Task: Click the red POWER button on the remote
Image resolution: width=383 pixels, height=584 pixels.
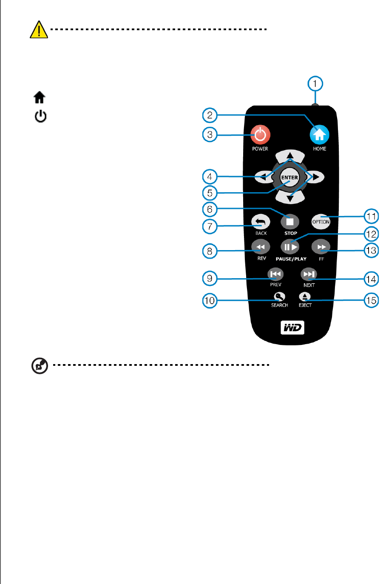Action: (260, 135)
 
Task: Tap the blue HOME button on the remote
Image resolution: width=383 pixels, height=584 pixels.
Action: (319, 135)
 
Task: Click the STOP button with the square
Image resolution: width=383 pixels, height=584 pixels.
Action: (290, 222)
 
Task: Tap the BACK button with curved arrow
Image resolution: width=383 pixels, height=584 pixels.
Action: (261, 222)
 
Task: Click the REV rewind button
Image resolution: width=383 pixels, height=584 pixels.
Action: (261, 247)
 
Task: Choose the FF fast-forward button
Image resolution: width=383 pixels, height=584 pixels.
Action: (321, 247)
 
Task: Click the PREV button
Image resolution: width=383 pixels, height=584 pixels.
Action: (275, 274)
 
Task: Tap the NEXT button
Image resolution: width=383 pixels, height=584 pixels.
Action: (309, 274)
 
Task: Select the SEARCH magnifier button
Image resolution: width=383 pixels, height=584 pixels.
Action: (279, 297)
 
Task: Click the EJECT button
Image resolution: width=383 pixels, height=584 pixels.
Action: (305, 297)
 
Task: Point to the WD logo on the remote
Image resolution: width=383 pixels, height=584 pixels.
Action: (292, 328)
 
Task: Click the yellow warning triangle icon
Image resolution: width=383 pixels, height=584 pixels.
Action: (39, 30)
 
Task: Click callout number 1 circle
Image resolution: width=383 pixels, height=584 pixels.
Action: (315, 84)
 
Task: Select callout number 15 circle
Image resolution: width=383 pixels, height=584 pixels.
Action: (371, 300)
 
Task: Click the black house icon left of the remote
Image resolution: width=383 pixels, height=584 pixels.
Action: (40, 97)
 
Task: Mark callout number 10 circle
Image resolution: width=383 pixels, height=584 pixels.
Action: (210, 300)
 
